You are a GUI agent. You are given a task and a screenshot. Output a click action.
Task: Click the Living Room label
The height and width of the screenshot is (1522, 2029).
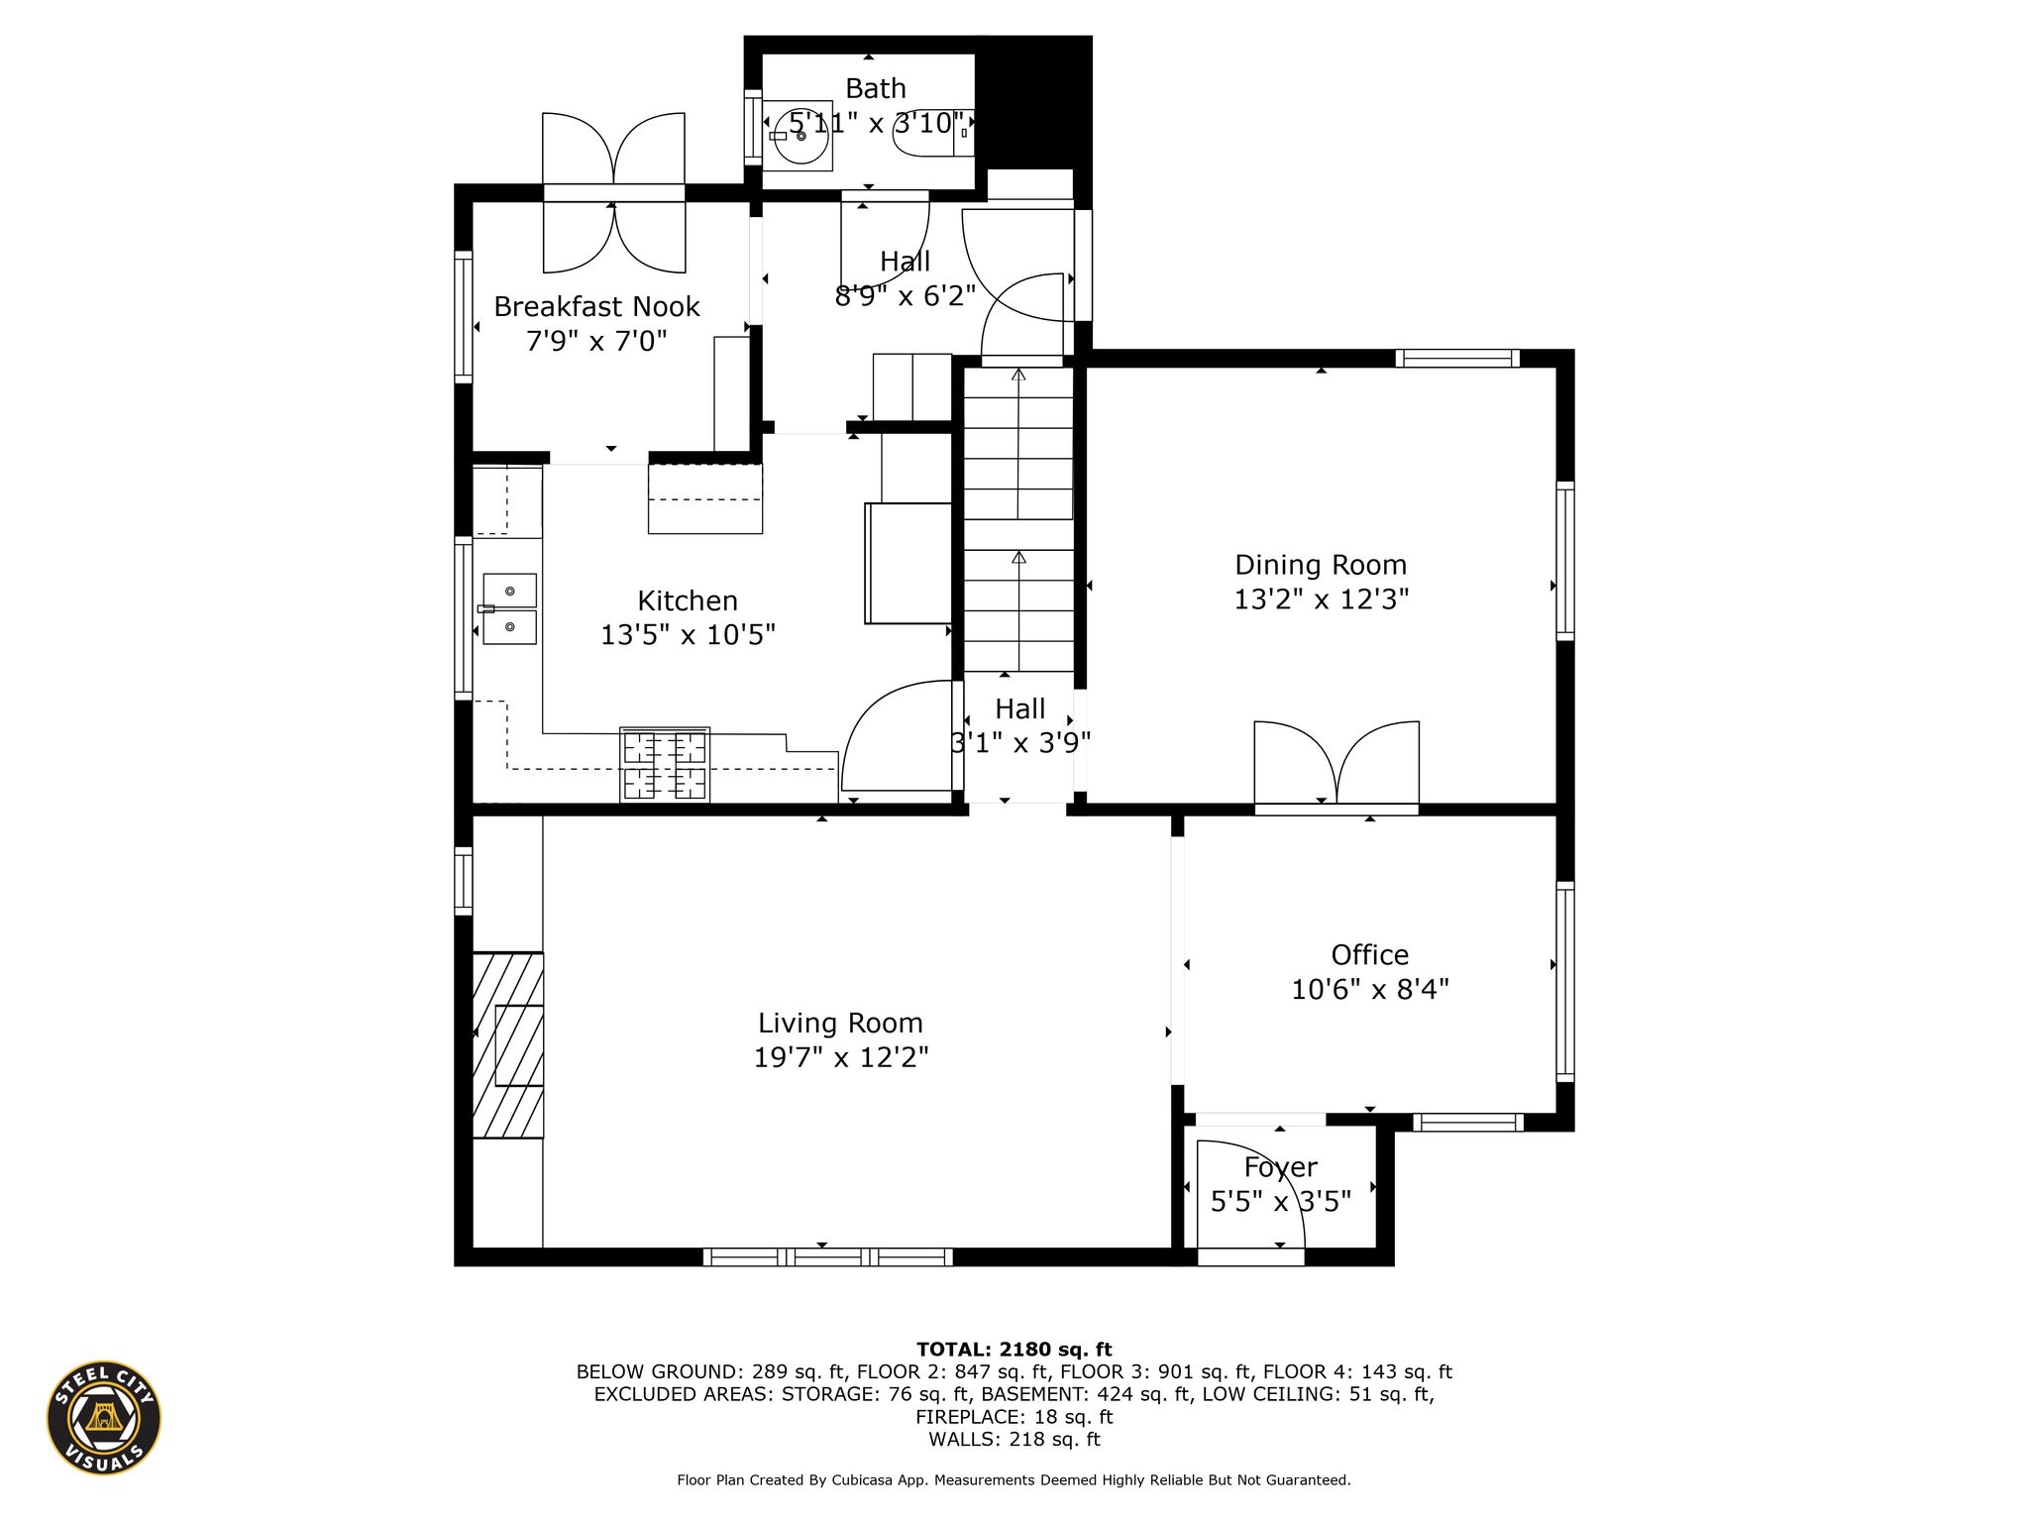(x=840, y=1023)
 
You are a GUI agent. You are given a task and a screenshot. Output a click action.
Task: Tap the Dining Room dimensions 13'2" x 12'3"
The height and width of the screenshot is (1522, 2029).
(x=1321, y=599)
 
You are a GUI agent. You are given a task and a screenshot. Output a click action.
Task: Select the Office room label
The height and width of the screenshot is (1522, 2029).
(x=1369, y=955)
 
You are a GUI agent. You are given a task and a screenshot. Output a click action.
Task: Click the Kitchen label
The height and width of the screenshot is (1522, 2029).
(x=688, y=600)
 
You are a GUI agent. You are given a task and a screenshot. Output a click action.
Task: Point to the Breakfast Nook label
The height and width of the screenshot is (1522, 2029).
(x=596, y=307)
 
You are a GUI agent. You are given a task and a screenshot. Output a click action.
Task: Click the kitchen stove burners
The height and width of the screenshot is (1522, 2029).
(x=665, y=764)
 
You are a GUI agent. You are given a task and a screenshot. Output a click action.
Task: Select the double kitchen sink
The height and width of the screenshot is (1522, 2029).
(x=509, y=608)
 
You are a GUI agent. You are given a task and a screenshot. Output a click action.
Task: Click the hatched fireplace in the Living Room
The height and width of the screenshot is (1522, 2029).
(x=508, y=1044)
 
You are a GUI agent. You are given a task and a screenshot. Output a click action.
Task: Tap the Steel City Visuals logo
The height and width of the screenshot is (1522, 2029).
(x=104, y=1417)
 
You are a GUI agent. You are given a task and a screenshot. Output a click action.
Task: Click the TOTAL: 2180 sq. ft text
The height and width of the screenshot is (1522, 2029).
(x=1014, y=1349)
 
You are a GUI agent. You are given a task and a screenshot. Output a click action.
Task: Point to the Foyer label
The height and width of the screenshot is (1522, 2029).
(x=1280, y=1167)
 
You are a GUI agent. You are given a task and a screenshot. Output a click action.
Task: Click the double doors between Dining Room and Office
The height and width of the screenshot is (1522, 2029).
(x=1336, y=763)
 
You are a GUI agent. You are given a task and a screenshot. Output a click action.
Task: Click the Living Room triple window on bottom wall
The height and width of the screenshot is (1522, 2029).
(x=828, y=1257)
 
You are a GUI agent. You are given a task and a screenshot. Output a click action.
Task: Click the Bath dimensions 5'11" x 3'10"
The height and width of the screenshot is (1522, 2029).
(x=876, y=124)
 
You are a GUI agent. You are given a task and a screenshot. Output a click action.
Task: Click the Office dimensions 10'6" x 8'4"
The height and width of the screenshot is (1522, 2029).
(x=1370, y=989)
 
